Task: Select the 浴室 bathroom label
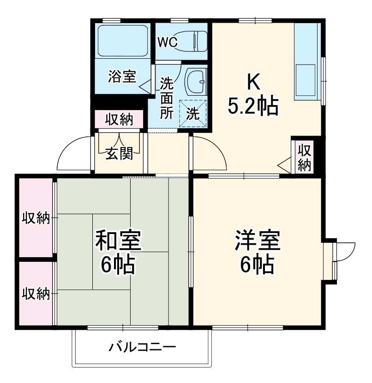(x=122, y=76)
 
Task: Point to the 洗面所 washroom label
(x=166, y=98)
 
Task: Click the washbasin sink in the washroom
(x=196, y=81)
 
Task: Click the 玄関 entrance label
(x=119, y=153)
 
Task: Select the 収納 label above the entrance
(x=119, y=119)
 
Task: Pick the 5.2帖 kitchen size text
(x=253, y=107)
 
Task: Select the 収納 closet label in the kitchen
(x=304, y=157)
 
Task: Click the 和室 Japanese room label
(x=118, y=240)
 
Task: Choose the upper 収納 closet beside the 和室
(x=36, y=217)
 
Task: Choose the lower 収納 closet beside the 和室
(x=36, y=293)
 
